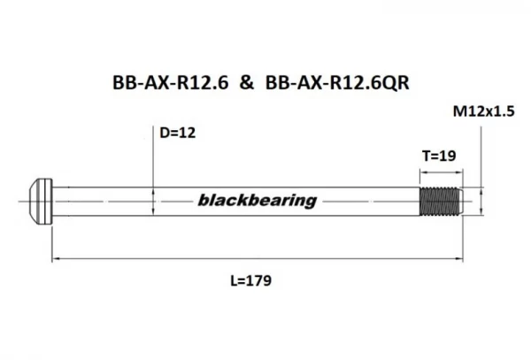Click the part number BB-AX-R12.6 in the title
[170, 82]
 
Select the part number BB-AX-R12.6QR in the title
[337, 82]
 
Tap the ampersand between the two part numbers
[247, 82]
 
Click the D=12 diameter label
[178, 133]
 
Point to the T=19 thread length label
[439, 156]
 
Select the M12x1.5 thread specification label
[483, 111]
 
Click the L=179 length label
[251, 280]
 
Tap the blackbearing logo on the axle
[258, 200]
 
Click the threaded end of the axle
[439, 202]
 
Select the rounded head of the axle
[41, 202]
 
